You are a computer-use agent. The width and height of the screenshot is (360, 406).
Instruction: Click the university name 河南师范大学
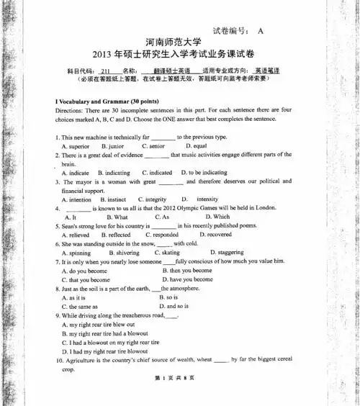(x=179, y=42)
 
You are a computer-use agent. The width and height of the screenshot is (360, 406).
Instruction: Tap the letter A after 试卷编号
(x=260, y=30)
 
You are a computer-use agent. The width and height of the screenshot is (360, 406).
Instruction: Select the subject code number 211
(x=105, y=71)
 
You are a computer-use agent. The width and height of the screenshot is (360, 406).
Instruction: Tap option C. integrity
(x=151, y=199)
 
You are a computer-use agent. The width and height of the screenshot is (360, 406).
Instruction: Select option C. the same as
(x=81, y=306)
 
